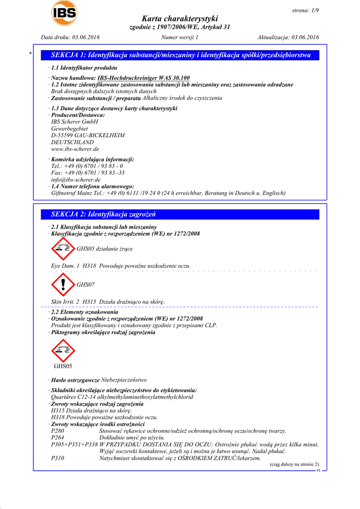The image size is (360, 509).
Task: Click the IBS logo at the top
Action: [64, 12]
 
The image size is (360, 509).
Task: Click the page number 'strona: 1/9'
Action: [304, 10]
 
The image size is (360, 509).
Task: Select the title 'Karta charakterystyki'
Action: [180, 18]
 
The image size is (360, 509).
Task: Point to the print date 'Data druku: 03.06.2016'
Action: [70, 37]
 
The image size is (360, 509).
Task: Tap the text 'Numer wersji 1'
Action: [180, 37]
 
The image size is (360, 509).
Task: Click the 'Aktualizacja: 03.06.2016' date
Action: [288, 37]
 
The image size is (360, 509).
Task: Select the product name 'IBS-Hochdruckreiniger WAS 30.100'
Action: [143, 78]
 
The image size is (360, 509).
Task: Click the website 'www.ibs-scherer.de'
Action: [75, 149]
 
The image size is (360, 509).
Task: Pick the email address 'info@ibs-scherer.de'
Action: [76, 179]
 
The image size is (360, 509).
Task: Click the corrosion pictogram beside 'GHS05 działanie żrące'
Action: [63, 248]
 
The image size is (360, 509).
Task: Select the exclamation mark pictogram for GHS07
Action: [63, 284]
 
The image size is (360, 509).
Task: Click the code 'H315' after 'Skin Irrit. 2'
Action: [90, 302]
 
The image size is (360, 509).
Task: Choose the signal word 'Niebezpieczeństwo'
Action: [124, 380]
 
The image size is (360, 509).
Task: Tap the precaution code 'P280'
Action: [58, 431]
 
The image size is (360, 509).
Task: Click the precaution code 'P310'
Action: [58, 458]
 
